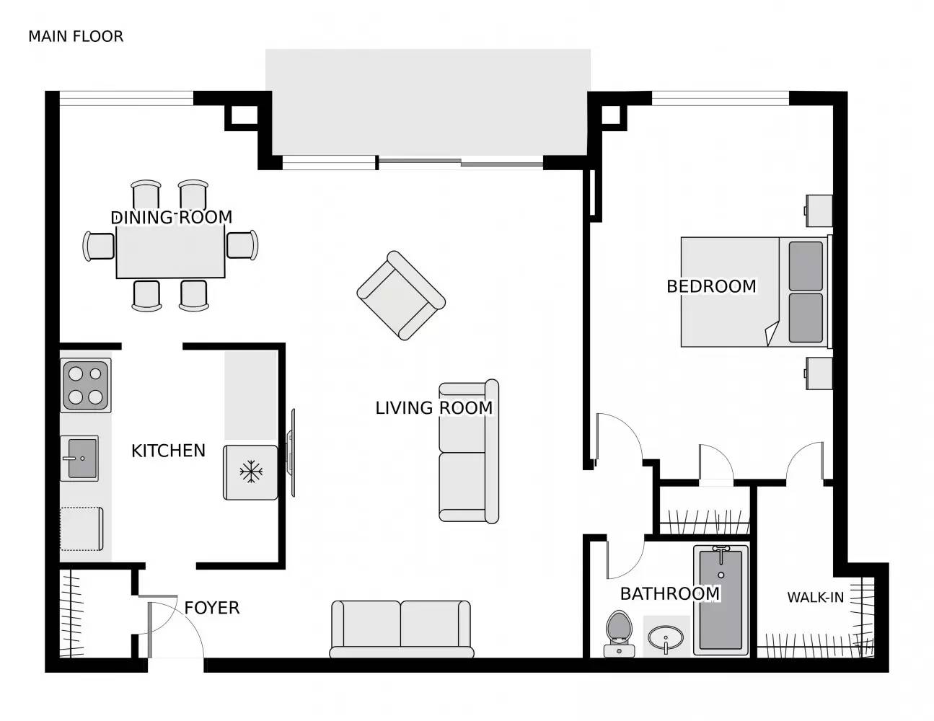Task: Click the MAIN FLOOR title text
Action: tap(76, 36)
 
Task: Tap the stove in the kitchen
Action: tap(86, 385)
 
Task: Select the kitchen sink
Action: tap(81, 458)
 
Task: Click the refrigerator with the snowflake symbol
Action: tap(250, 472)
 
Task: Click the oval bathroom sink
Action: tap(666, 638)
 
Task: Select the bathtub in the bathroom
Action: tap(721, 600)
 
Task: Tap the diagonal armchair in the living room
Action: tap(401, 295)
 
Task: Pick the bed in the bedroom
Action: tap(754, 292)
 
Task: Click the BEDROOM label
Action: tap(711, 286)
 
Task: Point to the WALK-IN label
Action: tap(815, 597)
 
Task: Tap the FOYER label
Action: tap(211, 608)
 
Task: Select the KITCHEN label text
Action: tap(168, 451)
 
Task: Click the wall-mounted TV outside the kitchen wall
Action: tap(292, 453)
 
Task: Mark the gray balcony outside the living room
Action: tap(428, 101)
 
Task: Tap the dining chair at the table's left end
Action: tap(99, 246)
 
